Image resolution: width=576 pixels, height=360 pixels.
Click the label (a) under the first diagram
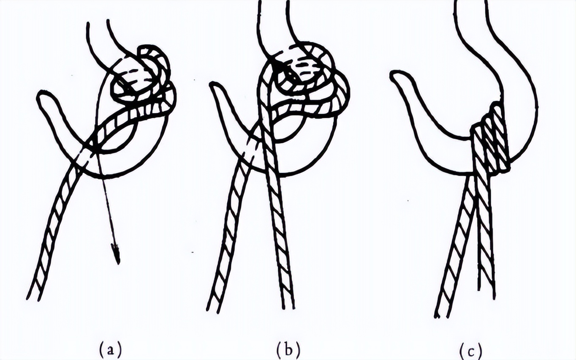pyautogui.click(x=111, y=349)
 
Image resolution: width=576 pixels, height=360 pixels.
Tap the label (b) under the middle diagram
pyautogui.click(x=288, y=349)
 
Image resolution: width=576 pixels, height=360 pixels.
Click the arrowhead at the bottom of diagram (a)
pyautogui.click(x=116, y=254)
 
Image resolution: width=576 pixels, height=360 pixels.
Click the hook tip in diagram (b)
pyautogui.click(x=214, y=86)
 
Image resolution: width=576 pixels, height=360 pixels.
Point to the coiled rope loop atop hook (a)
pyautogui.click(x=144, y=82)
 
